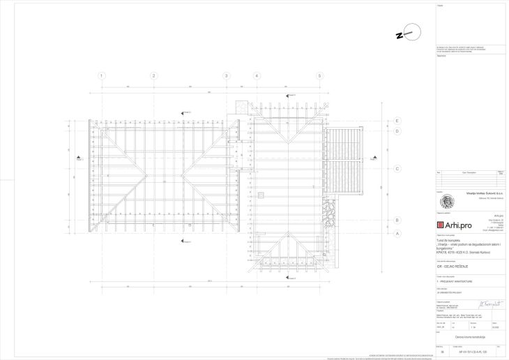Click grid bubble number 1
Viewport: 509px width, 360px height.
(x=102, y=75)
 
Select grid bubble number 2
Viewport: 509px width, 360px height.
(x=165, y=75)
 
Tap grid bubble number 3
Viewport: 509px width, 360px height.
(x=227, y=75)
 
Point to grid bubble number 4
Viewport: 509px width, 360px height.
(x=257, y=75)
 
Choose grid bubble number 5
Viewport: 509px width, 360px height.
(x=319, y=75)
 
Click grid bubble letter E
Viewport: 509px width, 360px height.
(x=396, y=120)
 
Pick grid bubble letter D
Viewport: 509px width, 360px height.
(x=396, y=130)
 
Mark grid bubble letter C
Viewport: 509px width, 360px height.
(x=396, y=168)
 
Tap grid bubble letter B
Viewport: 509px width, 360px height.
(x=396, y=220)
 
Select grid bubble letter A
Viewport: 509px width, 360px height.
(x=396, y=234)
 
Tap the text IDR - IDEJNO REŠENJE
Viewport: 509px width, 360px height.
(x=452, y=267)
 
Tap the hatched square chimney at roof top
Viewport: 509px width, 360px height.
(x=241, y=106)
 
